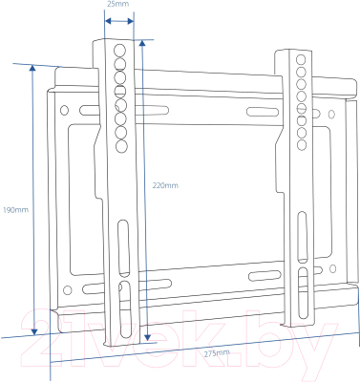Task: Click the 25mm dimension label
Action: pos(118,4)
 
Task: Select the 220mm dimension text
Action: pos(165,185)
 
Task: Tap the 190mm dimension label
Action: pos(15,210)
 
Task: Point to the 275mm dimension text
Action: pos(217,353)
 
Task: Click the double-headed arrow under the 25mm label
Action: pos(119,21)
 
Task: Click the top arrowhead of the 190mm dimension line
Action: pos(32,68)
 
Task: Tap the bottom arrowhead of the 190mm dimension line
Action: pos(34,331)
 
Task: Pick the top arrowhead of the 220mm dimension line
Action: pos(142,44)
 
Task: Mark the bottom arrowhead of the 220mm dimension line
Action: pos(147,337)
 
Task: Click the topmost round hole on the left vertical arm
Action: pos(119,51)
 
